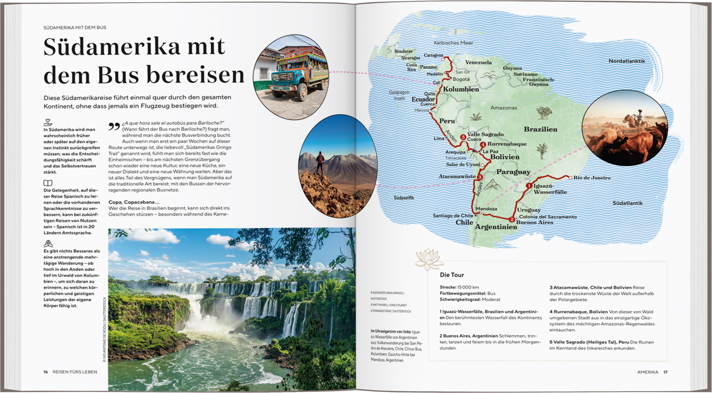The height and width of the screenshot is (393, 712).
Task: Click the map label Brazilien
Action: click(x=540, y=129)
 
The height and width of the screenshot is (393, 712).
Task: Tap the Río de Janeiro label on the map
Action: click(x=592, y=178)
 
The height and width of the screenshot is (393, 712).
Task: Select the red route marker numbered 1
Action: click(x=529, y=186)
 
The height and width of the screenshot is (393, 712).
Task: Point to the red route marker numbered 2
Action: click(x=512, y=220)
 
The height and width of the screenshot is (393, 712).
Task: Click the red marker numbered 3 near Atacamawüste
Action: click(x=479, y=177)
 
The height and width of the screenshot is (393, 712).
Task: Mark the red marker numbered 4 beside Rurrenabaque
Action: click(x=483, y=144)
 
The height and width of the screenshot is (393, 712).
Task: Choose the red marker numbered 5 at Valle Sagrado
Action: click(x=463, y=137)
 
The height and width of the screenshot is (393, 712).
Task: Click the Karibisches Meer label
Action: click(x=453, y=43)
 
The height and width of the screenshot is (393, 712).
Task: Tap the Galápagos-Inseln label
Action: click(x=399, y=96)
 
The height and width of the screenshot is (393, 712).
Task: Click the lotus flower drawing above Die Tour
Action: click(x=429, y=259)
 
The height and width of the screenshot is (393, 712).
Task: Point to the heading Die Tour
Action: click(x=452, y=275)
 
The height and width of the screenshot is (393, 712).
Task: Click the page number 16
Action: click(x=46, y=372)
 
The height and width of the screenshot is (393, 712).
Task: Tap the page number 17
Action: click(x=665, y=372)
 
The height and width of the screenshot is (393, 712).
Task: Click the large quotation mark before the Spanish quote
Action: click(x=114, y=126)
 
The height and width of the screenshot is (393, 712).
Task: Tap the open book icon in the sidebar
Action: click(x=48, y=183)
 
